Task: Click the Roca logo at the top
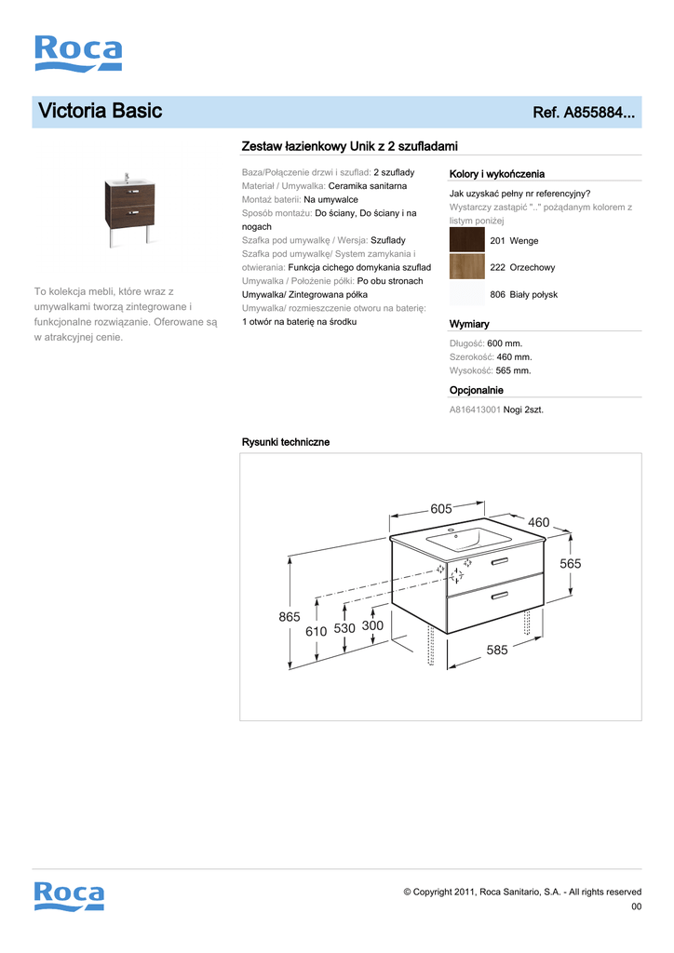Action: point(78,53)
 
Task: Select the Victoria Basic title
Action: point(101,112)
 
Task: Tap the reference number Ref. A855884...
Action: point(584,114)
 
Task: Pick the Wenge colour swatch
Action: point(466,240)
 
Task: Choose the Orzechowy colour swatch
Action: point(466,267)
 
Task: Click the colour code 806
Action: point(497,295)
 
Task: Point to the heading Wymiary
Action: point(469,324)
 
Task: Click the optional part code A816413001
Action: point(475,409)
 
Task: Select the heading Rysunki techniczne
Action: point(286,442)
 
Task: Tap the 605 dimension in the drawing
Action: point(440,508)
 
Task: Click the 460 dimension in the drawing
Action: point(539,523)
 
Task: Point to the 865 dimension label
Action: point(290,617)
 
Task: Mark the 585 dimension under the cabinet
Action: point(497,651)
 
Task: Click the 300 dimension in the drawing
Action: point(372,627)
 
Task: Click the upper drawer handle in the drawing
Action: point(500,560)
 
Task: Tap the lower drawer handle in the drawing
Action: point(500,594)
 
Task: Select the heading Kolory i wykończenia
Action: point(496,174)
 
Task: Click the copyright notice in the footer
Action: point(521,892)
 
